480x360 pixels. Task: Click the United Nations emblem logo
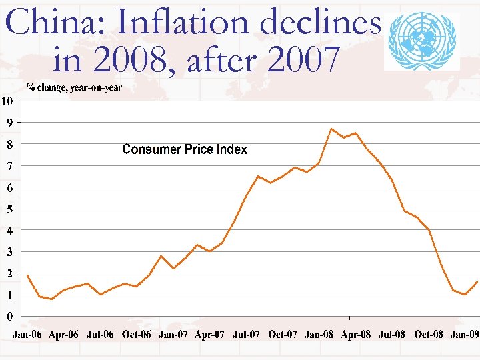coord(423,41)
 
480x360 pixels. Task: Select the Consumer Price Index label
coord(185,150)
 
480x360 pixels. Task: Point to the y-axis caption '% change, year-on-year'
coord(74,88)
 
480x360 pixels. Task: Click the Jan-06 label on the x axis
coord(27,335)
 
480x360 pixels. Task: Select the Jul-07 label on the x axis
coord(246,335)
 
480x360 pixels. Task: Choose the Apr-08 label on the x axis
coord(355,335)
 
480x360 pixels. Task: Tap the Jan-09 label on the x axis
coord(464,335)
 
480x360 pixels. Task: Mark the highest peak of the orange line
coord(331,129)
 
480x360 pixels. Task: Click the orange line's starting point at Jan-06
coord(27,275)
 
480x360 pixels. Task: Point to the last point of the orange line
coord(477,282)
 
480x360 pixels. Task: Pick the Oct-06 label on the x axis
coord(137,335)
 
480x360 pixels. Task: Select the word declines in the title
coord(321,24)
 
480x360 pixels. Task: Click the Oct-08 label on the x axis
coord(428,335)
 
